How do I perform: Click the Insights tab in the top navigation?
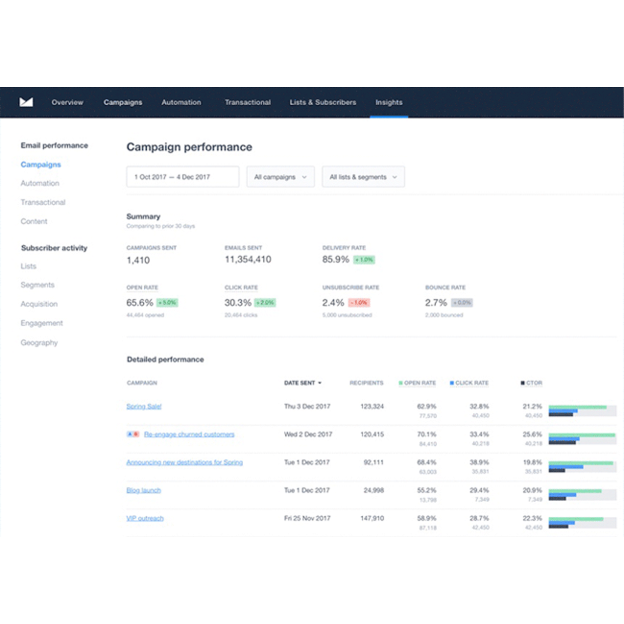tap(389, 102)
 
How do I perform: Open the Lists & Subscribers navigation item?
tap(323, 102)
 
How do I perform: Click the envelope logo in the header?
tap(26, 102)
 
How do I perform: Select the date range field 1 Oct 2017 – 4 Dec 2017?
tap(182, 177)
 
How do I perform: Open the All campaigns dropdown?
tap(280, 177)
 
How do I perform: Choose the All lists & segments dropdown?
tap(363, 177)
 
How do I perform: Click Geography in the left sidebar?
tap(39, 343)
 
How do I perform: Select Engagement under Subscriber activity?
tap(41, 323)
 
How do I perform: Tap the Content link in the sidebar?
tap(34, 221)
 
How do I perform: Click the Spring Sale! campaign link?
tap(144, 407)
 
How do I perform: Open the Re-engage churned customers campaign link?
tap(189, 434)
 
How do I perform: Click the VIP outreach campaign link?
tap(145, 518)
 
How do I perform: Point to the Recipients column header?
tap(367, 383)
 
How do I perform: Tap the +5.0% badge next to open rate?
tap(167, 303)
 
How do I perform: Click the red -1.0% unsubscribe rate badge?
tap(359, 303)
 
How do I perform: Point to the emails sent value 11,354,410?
tap(248, 260)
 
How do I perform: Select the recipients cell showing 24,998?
tap(373, 490)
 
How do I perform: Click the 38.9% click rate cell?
tap(479, 462)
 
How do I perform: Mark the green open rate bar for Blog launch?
tap(575, 491)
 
